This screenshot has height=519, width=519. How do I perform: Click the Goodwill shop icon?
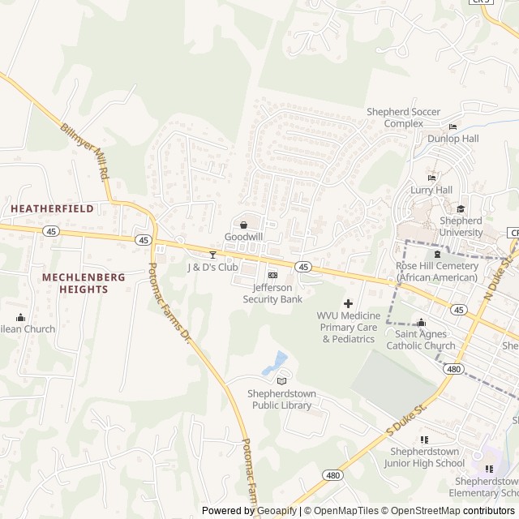point(243,224)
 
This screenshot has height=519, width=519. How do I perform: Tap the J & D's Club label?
point(212,267)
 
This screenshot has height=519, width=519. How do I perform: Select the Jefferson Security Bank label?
point(272,293)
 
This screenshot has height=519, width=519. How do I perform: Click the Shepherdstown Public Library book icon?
point(281,381)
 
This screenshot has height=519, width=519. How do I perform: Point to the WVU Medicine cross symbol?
point(349,302)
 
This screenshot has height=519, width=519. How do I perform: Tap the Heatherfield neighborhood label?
point(52,208)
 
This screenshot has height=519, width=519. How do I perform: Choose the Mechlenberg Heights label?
point(84,283)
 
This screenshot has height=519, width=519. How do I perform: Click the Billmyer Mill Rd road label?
point(85,151)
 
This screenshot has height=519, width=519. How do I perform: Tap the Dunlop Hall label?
point(453,139)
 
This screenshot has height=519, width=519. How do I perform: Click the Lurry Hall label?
point(431,190)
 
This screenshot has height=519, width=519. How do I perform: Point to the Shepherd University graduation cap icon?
point(461,208)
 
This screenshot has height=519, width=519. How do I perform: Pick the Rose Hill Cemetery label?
point(436,272)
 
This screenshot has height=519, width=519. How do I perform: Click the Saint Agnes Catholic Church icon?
point(420,323)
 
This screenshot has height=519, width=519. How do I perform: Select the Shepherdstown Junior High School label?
point(424,457)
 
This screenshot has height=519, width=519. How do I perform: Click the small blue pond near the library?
point(277,362)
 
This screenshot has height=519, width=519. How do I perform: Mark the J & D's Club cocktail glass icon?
point(213,255)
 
